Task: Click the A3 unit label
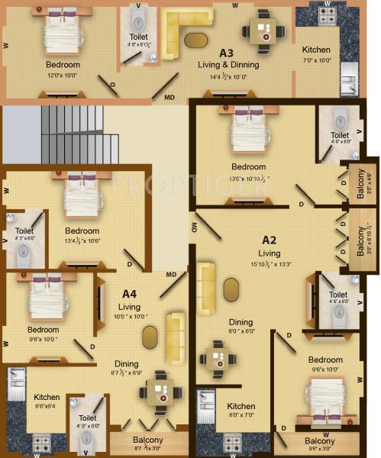[226, 53]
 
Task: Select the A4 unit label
[129, 292]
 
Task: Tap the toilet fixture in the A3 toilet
[138, 18]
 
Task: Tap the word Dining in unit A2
[241, 322]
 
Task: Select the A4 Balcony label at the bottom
[148, 440]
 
